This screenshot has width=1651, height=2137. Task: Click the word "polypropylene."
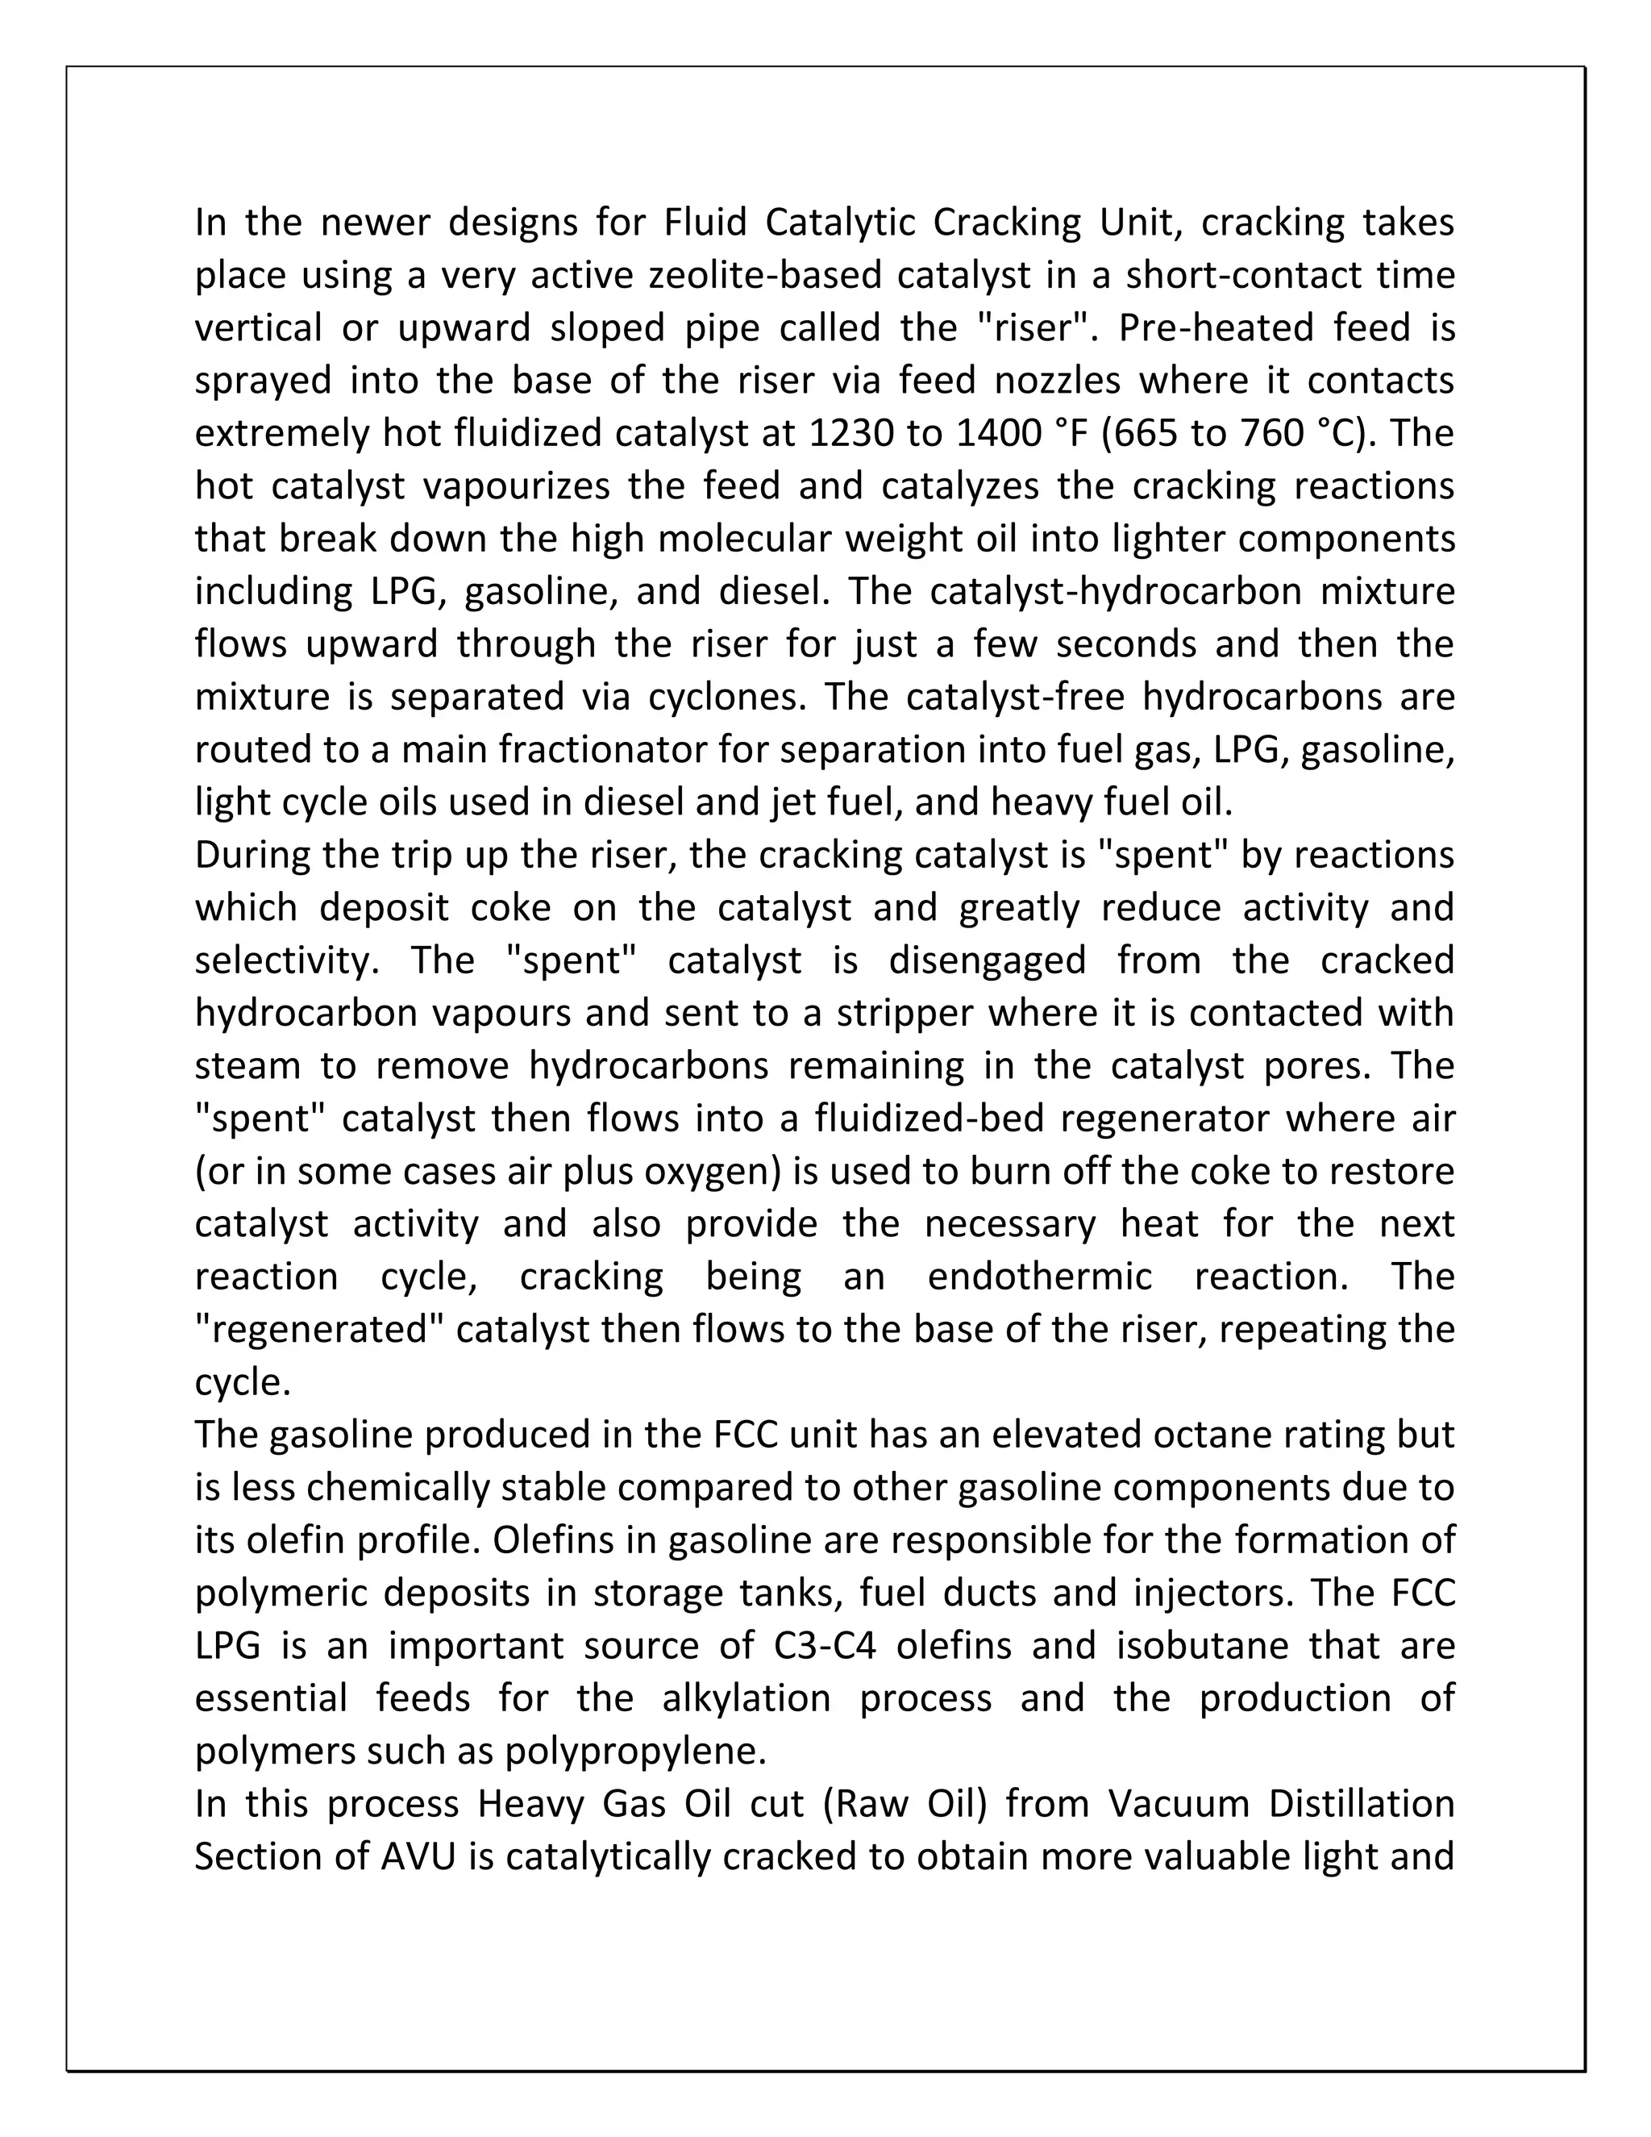click(636, 1752)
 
